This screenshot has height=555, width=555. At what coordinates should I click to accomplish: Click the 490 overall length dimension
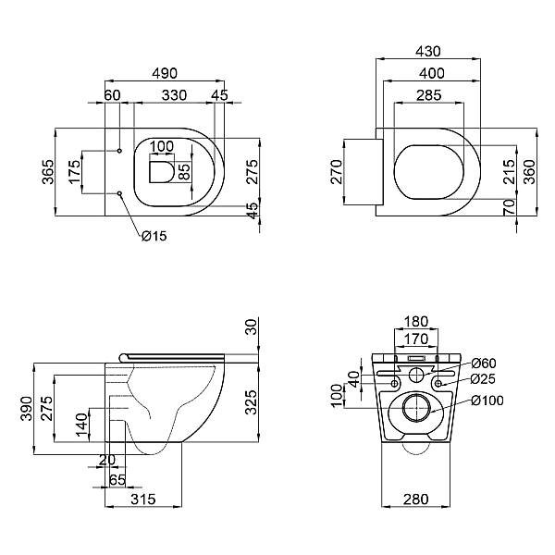166,71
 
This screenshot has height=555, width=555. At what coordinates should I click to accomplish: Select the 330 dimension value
172,95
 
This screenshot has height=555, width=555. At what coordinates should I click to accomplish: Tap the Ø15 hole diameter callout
154,236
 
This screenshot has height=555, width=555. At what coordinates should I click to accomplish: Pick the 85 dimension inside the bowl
183,171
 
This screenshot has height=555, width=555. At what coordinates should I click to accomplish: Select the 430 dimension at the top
427,52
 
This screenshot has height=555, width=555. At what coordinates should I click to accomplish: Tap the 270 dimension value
337,172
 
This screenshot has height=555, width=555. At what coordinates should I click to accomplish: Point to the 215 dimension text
510,172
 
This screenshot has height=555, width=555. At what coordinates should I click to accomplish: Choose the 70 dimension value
510,207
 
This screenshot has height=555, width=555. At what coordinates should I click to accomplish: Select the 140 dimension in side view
81,426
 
